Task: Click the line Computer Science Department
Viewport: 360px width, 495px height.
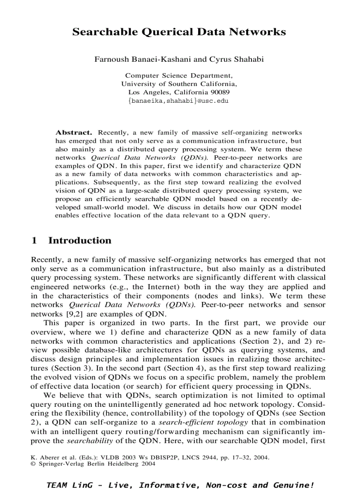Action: click(x=179, y=76)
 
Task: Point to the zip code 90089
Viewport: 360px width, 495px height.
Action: click(x=220, y=92)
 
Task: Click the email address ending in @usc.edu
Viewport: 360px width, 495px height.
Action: click(x=178, y=100)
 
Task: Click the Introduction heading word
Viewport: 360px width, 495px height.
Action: click(x=80, y=241)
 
